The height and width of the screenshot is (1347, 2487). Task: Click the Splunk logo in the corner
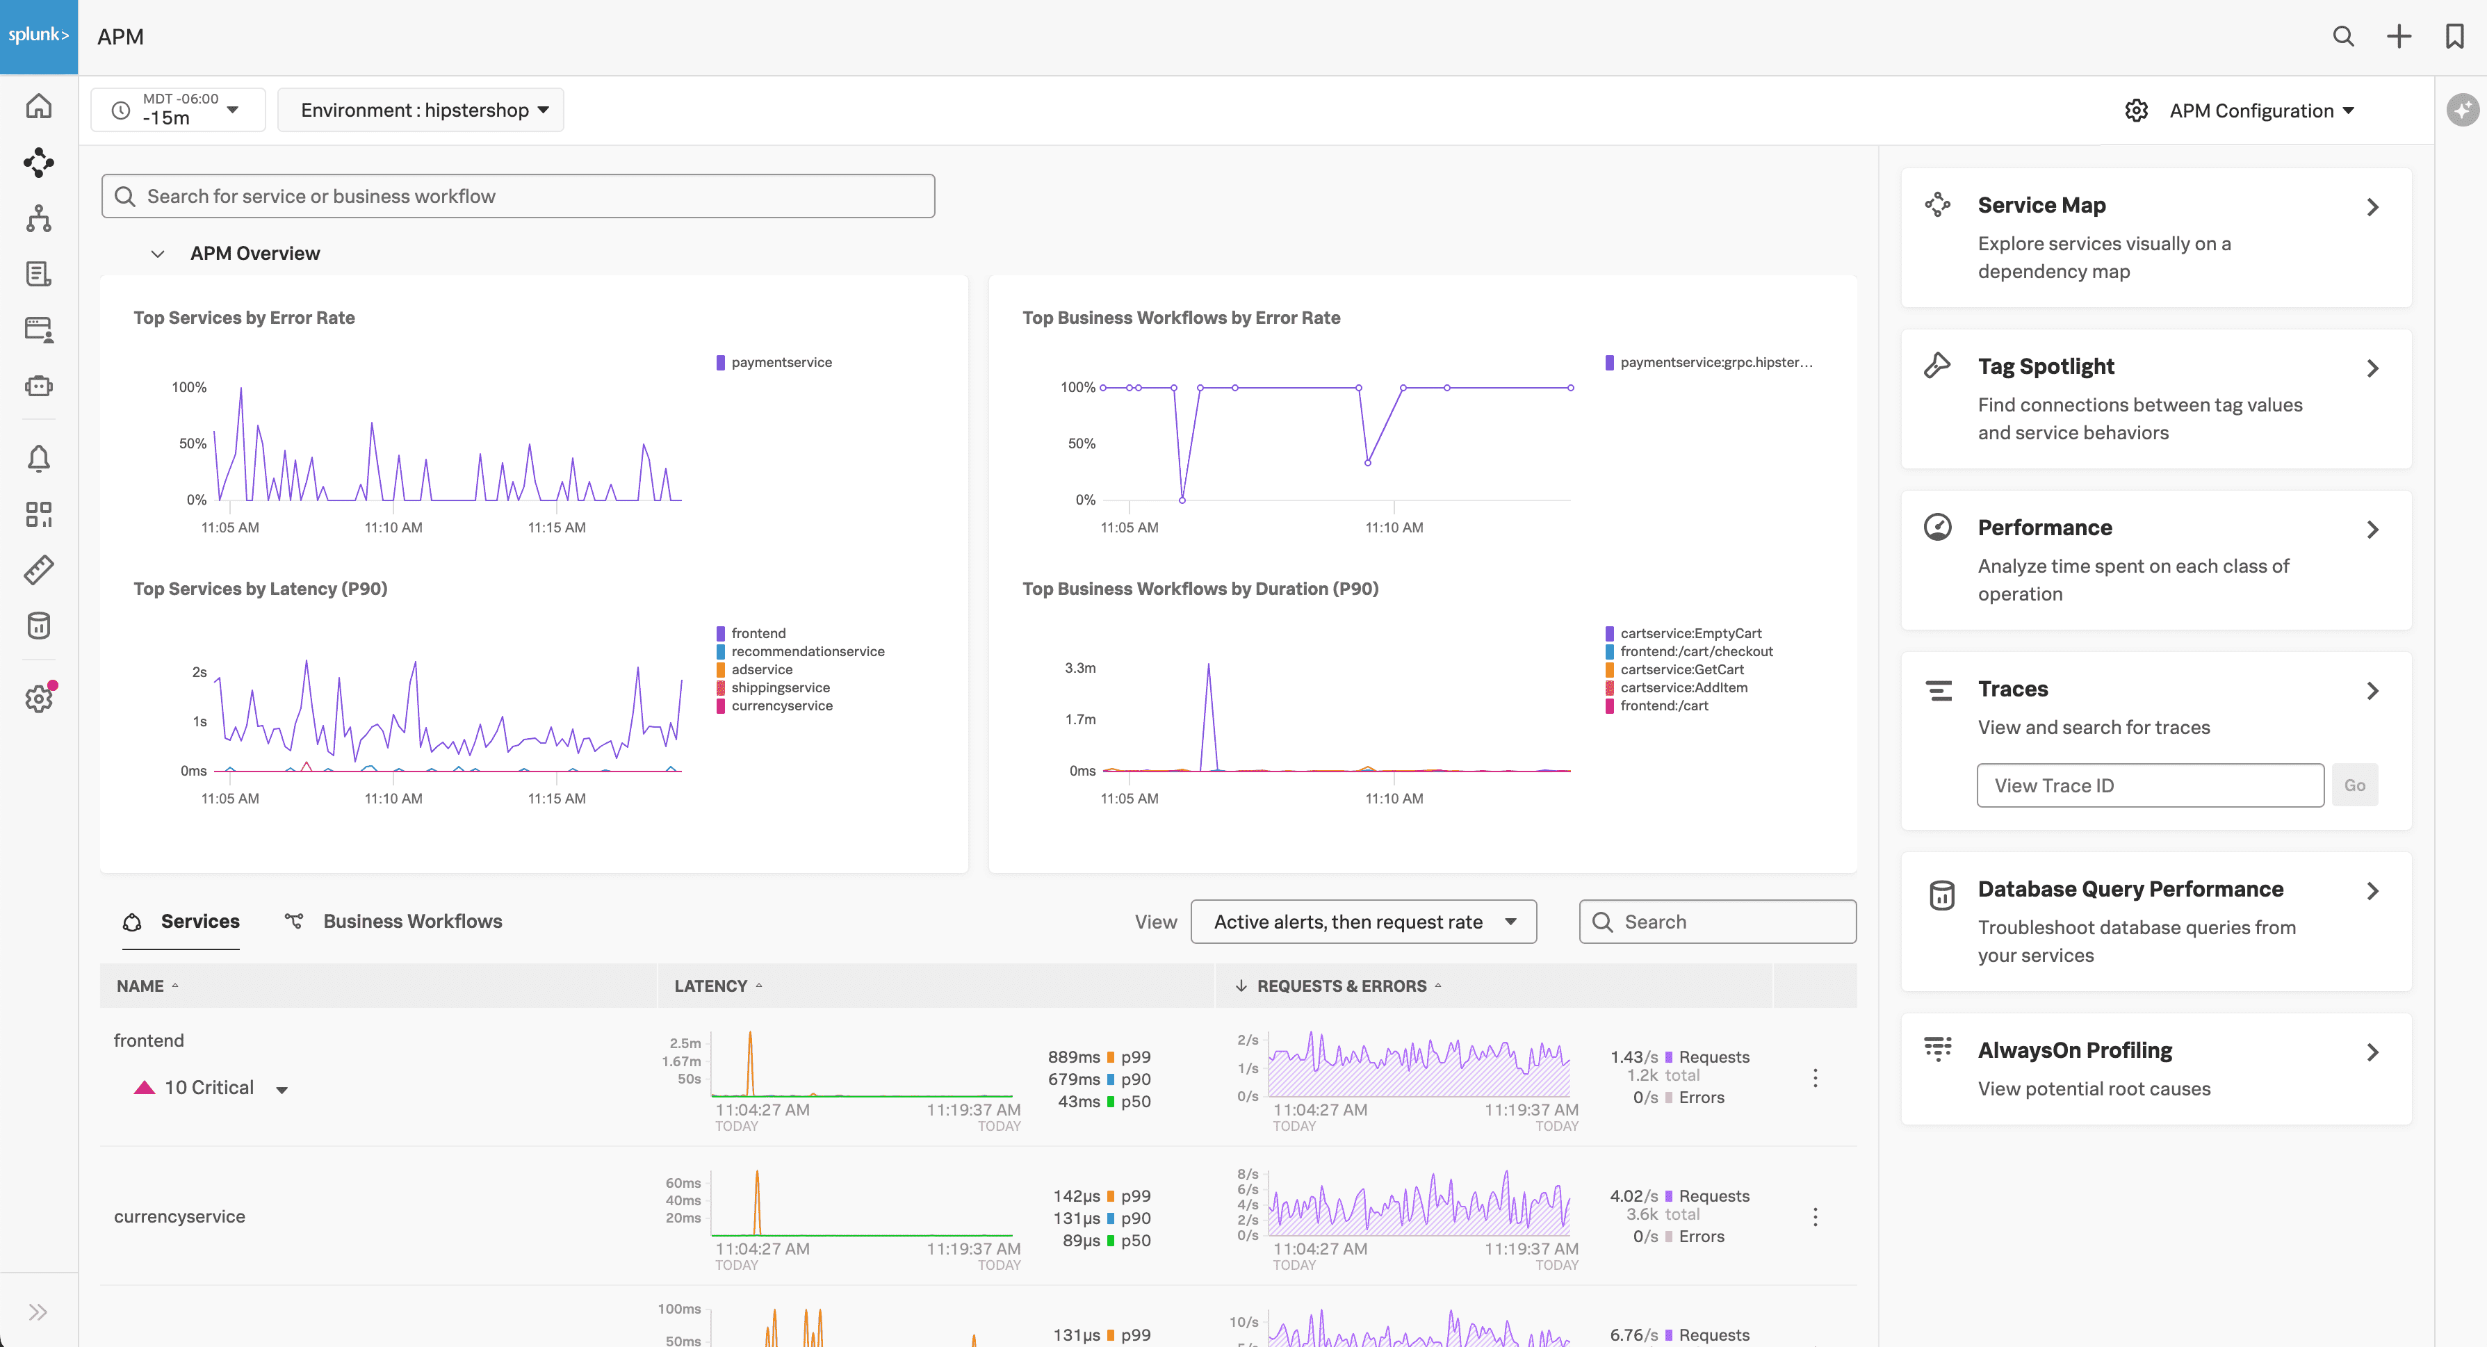(x=39, y=35)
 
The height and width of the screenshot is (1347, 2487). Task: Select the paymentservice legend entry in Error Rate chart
(x=780, y=362)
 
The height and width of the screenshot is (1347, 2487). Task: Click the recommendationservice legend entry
(x=807, y=651)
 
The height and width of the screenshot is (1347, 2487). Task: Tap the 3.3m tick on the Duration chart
(x=1079, y=668)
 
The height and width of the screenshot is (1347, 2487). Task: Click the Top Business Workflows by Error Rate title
(x=1181, y=318)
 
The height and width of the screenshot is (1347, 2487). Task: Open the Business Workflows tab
(x=412, y=921)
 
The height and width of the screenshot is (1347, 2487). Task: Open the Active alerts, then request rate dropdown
(x=1362, y=922)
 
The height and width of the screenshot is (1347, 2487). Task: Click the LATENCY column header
(x=710, y=986)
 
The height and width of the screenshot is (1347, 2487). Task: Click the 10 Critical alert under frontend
(x=209, y=1087)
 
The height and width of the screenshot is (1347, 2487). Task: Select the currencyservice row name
(x=179, y=1216)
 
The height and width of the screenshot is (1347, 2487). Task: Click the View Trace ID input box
(x=2149, y=785)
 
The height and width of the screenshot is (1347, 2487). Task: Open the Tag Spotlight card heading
(x=2045, y=367)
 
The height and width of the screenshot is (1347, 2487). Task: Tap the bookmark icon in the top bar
(x=2453, y=37)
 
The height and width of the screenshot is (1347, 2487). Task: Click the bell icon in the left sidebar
(x=39, y=458)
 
